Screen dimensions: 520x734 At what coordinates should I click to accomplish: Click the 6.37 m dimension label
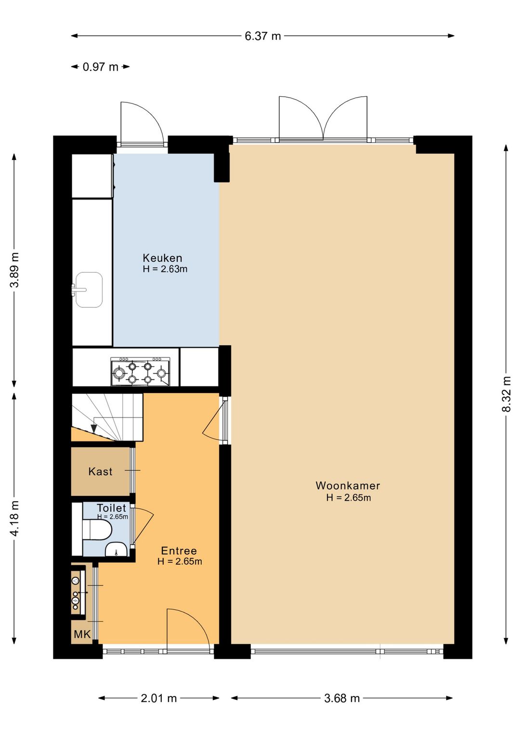[x=263, y=36]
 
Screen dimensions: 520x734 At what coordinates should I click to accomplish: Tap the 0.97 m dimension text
[x=101, y=67]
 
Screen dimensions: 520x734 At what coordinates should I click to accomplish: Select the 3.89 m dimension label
[x=14, y=270]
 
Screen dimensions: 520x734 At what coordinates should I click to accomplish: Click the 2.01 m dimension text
[x=159, y=698]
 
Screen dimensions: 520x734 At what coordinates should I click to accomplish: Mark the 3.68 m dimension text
[x=342, y=698]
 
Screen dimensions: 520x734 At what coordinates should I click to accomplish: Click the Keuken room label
[x=162, y=258]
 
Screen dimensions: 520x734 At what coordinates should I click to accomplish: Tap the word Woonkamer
[x=348, y=485]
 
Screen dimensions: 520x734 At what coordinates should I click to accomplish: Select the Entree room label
[x=179, y=550]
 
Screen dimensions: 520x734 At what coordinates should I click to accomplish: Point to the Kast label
[x=101, y=471]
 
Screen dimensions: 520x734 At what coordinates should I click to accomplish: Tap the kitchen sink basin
[x=89, y=290]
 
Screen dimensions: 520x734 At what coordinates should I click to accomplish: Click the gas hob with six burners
[x=141, y=372]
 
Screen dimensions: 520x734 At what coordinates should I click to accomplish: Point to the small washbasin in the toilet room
[x=117, y=549]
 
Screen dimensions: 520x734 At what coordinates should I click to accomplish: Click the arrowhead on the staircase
[x=94, y=429]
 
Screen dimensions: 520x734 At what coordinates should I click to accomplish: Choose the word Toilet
[x=111, y=508]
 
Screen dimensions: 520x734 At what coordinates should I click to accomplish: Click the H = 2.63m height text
[x=165, y=269]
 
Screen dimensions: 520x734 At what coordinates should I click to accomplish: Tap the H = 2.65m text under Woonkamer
[x=349, y=497]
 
